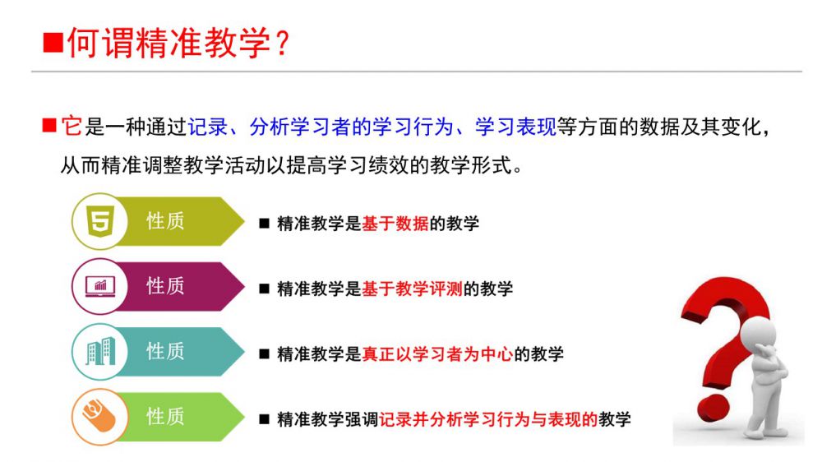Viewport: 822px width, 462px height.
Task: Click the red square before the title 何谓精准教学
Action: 53,43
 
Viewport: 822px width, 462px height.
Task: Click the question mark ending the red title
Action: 281,43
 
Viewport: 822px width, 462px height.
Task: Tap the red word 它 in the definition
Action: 72,127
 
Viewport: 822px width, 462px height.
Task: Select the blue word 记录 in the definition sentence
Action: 208,127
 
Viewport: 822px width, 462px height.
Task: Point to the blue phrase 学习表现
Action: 515,127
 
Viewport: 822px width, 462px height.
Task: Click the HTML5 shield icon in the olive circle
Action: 100,221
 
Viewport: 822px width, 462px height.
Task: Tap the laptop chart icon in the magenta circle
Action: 100,286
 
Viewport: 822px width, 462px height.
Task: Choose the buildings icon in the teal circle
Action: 100,351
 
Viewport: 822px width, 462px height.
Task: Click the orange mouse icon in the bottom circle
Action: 99,417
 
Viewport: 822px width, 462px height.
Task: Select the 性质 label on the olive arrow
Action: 165,221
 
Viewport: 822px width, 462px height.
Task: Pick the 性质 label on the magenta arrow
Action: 165,286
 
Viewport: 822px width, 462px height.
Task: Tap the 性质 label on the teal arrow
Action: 165,351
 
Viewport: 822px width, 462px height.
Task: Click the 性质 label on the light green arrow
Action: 165,417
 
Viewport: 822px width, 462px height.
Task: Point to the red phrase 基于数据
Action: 395,224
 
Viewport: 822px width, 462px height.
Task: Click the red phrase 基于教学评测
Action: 412,289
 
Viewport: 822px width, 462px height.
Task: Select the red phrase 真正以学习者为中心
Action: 437,354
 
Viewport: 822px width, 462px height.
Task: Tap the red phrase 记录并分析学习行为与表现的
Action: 488,419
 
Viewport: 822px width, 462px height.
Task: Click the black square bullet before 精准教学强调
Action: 264,419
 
